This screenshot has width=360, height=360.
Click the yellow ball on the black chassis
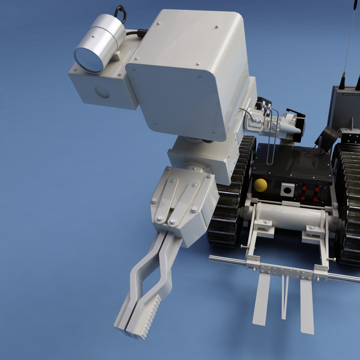[x=260, y=185]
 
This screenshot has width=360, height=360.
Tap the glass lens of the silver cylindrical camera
[x=89, y=60]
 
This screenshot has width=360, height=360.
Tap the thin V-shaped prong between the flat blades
[x=285, y=297]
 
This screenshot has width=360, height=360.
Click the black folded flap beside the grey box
[x=328, y=137]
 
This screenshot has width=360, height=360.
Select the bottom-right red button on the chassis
[x=315, y=199]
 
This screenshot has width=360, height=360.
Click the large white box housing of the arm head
[x=190, y=73]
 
